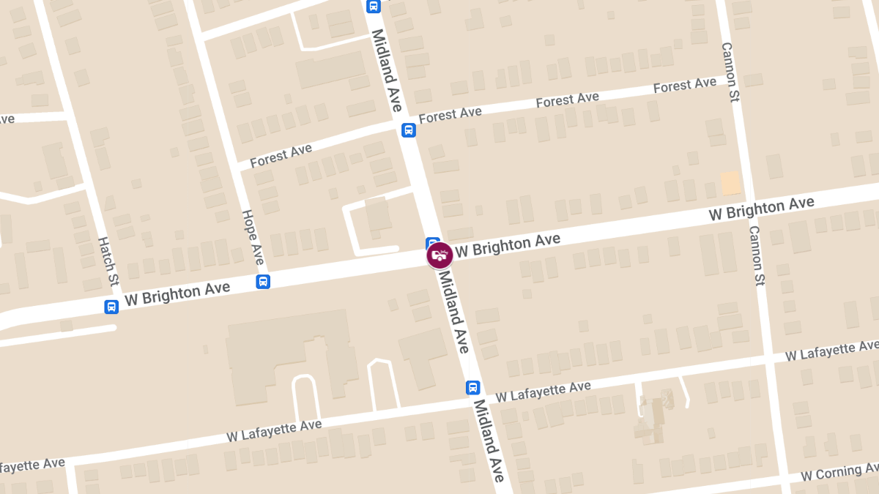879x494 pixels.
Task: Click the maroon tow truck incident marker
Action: (x=439, y=255)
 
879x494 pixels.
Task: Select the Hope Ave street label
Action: (x=253, y=237)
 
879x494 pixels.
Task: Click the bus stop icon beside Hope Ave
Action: (x=263, y=281)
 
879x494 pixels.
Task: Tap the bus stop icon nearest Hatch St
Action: (x=111, y=307)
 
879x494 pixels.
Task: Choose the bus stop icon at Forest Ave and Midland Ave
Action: (x=408, y=130)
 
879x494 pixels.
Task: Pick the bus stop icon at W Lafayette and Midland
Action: (x=473, y=387)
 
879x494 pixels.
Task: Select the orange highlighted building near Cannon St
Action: (x=731, y=183)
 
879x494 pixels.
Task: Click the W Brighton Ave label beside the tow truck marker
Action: (x=508, y=245)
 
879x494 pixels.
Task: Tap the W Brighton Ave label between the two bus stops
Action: (x=177, y=293)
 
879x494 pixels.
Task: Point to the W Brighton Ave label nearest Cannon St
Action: (x=761, y=209)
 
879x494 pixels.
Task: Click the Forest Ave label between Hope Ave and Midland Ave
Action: (x=281, y=156)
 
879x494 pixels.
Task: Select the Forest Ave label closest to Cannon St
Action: (x=684, y=86)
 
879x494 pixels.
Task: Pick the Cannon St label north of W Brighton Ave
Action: (x=730, y=72)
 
